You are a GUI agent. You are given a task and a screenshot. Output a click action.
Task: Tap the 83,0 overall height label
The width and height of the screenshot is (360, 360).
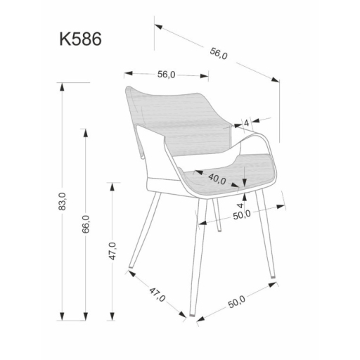point(62,202)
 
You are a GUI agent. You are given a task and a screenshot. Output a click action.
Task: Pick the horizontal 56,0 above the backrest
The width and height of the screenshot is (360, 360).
point(166,75)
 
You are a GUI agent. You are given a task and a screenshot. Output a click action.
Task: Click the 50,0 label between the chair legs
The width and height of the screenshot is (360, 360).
point(243,215)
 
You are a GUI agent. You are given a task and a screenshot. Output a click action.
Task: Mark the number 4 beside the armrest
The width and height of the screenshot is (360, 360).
point(247,123)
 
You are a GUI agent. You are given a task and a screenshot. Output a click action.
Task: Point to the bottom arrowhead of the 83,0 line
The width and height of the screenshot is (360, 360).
point(63,316)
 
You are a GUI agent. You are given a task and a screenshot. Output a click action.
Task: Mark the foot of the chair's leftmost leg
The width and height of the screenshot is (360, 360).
point(131,269)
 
